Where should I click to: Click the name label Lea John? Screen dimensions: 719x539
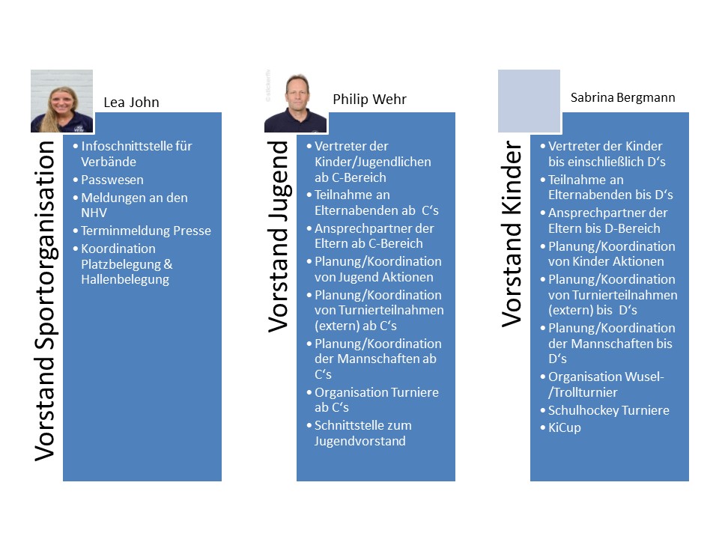[132, 103]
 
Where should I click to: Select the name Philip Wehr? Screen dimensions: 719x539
[369, 99]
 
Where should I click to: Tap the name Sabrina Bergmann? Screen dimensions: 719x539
[622, 97]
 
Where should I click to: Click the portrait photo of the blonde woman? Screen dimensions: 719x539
[62, 101]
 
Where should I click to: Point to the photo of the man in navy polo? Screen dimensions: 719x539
[295, 101]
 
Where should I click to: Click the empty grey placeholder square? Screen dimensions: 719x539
[530, 101]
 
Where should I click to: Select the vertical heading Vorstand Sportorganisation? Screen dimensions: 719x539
[46, 301]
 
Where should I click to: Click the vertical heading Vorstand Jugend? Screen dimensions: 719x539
[279, 237]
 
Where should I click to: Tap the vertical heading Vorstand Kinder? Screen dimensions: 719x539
[512, 234]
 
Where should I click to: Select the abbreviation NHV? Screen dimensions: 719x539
[94, 213]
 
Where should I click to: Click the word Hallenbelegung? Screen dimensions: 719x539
[125, 279]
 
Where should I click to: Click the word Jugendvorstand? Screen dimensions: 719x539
[360, 441]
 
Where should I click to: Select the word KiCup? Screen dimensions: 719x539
[565, 427]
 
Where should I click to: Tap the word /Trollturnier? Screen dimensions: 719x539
[583, 392]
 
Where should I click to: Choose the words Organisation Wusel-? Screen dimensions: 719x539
[606, 377]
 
